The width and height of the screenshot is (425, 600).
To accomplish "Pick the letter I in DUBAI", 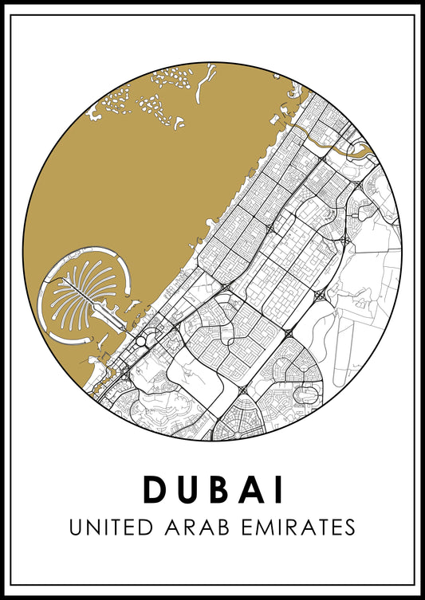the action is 279,489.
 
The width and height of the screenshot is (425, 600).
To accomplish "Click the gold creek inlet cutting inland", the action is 335,143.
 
